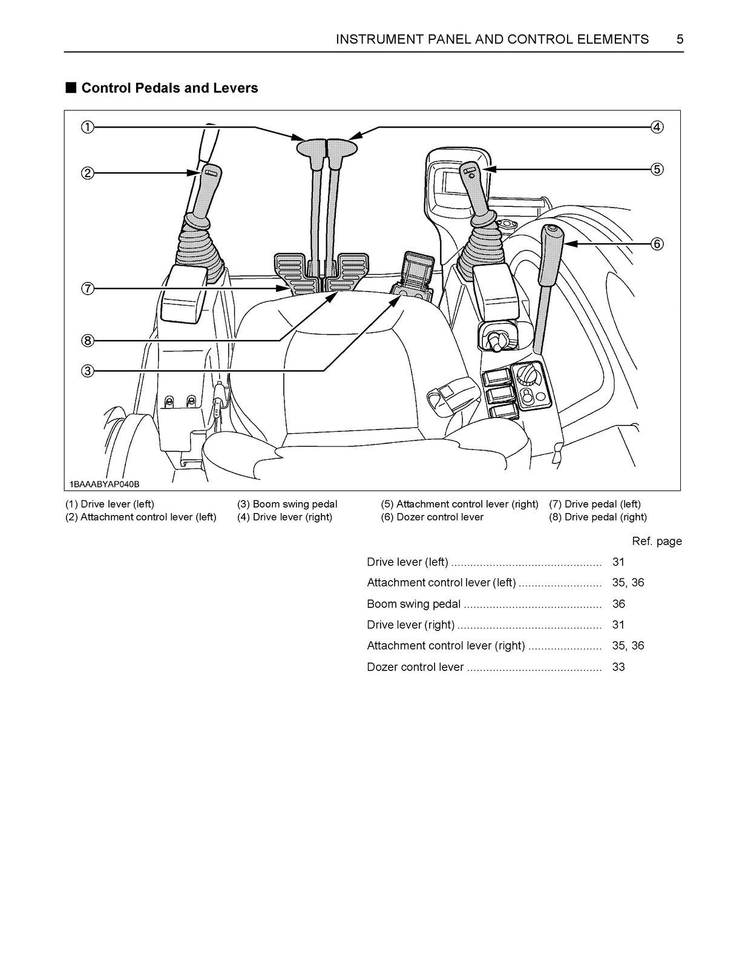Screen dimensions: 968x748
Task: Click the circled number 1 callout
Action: (88, 127)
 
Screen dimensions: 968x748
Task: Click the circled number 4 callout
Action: (657, 127)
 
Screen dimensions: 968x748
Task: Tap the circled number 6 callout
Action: (657, 244)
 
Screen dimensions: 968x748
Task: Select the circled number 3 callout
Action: (88, 371)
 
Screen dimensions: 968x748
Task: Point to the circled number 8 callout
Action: (88, 341)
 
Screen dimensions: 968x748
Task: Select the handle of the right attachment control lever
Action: (475, 188)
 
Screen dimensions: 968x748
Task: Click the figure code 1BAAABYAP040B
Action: (104, 484)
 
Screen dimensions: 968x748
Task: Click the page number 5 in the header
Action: (680, 39)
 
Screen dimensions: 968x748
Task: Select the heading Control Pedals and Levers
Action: (169, 88)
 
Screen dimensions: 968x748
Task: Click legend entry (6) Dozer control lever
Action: (432, 517)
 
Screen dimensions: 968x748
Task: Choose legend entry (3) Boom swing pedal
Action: (287, 504)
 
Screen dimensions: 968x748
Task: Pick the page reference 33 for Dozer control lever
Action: (618, 667)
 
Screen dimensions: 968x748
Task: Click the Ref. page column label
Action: (657, 541)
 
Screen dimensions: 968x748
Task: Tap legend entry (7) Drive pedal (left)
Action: (594, 504)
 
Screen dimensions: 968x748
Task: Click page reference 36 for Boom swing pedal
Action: (618, 604)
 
